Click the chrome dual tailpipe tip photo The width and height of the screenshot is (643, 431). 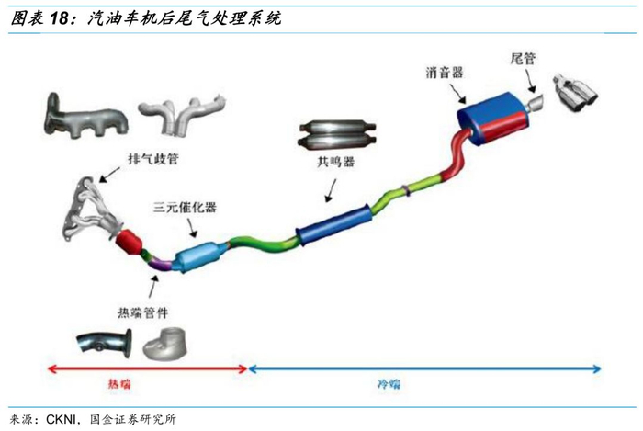pyautogui.click(x=576, y=94)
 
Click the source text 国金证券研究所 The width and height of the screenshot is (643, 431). pyautogui.click(x=132, y=419)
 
